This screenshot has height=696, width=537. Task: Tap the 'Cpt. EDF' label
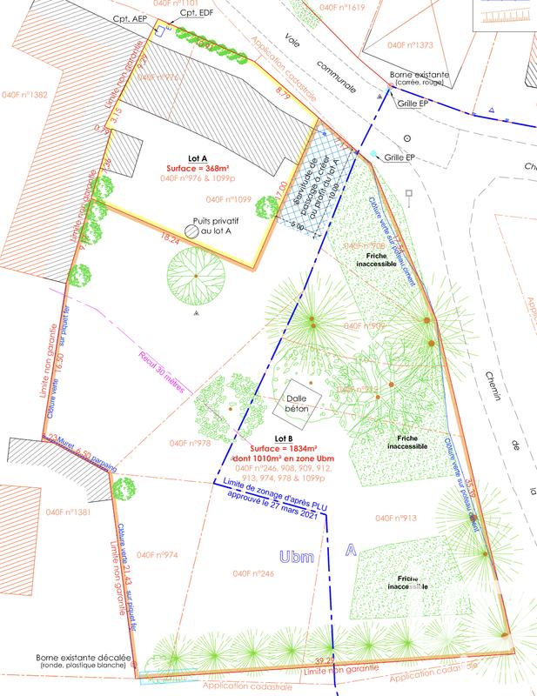pos(194,15)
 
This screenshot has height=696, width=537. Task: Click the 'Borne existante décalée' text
pos(84,659)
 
